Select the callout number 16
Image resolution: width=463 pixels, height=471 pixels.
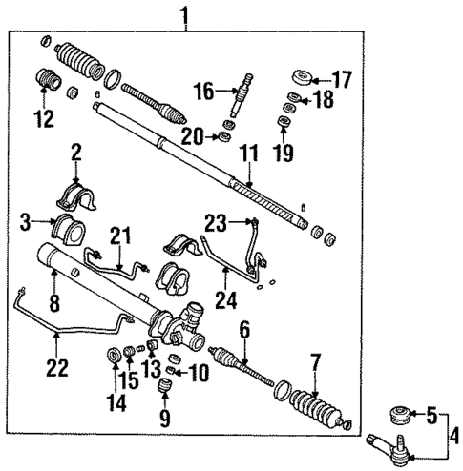click(x=201, y=91)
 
